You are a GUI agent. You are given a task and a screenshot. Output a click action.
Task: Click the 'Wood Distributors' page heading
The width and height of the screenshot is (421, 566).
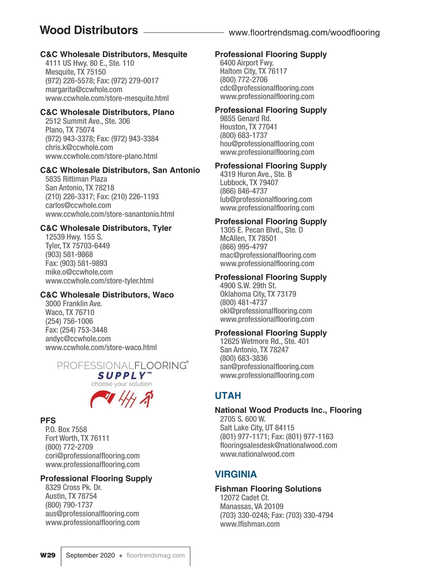tap(89, 30)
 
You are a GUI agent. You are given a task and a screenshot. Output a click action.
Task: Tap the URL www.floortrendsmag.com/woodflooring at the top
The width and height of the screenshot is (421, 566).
tap(304, 33)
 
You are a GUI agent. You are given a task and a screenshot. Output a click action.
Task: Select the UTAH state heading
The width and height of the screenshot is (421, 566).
tap(228, 396)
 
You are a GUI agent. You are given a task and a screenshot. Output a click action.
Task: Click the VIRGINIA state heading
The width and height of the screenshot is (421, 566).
tap(236, 474)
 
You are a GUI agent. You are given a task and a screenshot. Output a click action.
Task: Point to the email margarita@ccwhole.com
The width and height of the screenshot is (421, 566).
tap(84, 90)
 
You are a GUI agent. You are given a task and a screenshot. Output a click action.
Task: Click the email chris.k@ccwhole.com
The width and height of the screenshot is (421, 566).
tap(79, 147)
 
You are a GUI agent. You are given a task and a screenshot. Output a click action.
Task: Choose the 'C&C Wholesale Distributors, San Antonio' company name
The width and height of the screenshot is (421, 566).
tap(120, 170)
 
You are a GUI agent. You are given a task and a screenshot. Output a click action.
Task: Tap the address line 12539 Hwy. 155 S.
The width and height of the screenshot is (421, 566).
tap(74, 237)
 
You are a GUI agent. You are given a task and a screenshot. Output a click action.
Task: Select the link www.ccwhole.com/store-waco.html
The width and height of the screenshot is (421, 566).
tap(101, 348)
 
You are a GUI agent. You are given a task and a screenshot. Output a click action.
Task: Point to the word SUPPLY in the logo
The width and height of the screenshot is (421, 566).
tap(122, 376)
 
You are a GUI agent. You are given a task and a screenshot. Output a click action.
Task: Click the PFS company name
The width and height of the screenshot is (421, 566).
tap(48, 421)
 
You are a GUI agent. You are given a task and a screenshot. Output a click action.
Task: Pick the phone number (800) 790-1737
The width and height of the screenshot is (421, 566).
tap(69, 505)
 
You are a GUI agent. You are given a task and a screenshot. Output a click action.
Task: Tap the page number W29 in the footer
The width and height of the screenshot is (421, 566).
tap(48, 555)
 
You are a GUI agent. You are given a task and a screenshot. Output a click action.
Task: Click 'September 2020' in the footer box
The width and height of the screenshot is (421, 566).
tap(90, 555)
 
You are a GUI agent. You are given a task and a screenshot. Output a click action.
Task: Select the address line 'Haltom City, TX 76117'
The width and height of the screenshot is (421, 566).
tap(253, 71)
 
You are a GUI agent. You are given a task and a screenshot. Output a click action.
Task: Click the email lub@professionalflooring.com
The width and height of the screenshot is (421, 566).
tap(266, 199)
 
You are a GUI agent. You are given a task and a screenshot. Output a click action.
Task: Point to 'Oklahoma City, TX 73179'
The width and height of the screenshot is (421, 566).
tap(258, 294)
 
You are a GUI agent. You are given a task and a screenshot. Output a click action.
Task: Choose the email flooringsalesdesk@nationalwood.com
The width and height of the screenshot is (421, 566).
tap(279, 446)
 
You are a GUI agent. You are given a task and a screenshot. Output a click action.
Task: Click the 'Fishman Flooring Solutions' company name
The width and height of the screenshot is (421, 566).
tap(268, 489)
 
